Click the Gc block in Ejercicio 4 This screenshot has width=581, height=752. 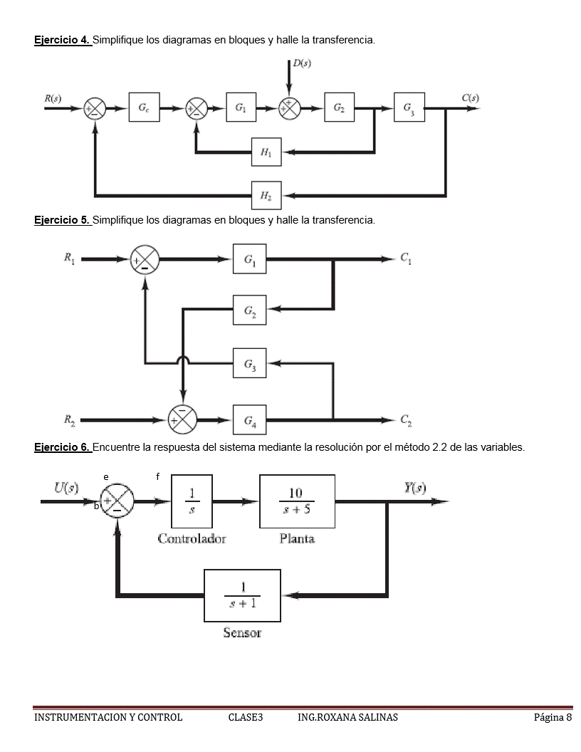click(x=144, y=108)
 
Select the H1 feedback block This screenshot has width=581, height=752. click(x=266, y=151)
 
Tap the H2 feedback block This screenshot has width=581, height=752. click(x=266, y=195)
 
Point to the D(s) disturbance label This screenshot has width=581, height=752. click(x=302, y=64)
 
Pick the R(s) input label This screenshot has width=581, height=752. click(x=53, y=98)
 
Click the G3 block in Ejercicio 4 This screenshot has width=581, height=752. click(x=409, y=108)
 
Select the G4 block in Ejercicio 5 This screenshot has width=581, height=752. click(x=249, y=420)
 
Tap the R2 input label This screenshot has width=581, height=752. click(x=70, y=420)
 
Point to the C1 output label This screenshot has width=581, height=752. click(x=406, y=260)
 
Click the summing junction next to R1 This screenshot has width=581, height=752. click(x=145, y=261)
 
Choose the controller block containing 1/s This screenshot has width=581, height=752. click(x=192, y=501)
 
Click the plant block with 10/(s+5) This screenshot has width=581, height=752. click(x=297, y=501)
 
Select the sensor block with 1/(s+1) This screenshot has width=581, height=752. click(x=242, y=595)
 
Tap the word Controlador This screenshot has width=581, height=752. click(x=192, y=538)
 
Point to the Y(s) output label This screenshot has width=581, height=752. click(x=414, y=488)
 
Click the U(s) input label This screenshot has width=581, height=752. click(x=66, y=488)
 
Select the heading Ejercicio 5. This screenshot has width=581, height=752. click(x=63, y=220)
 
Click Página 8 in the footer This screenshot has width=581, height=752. click(x=553, y=717)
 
